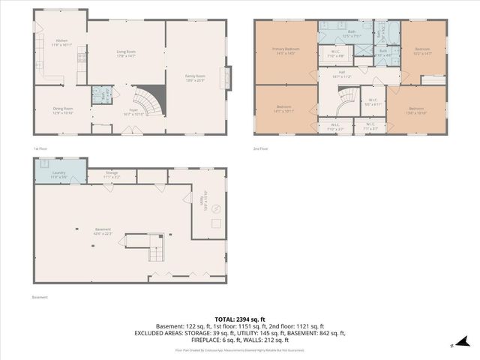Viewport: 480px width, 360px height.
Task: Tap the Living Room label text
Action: (x=126, y=53)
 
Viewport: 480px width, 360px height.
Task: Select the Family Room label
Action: (x=195, y=76)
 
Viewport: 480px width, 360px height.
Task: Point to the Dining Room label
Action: (x=62, y=111)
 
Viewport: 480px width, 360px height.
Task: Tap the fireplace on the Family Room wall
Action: (x=223, y=78)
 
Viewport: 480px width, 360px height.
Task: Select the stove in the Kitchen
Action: (x=81, y=56)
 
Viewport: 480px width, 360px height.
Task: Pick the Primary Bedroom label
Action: (x=285, y=51)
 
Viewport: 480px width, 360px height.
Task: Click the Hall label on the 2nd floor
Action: (x=341, y=73)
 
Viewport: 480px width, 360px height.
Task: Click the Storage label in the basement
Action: (x=111, y=174)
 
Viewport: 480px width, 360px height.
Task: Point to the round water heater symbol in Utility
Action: (x=215, y=208)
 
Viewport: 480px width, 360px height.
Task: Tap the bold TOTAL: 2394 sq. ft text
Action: (x=239, y=319)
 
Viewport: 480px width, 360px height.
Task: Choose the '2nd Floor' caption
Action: (x=260, y=149)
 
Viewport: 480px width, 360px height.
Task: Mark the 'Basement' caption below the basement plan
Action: (x=40, y=297)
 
